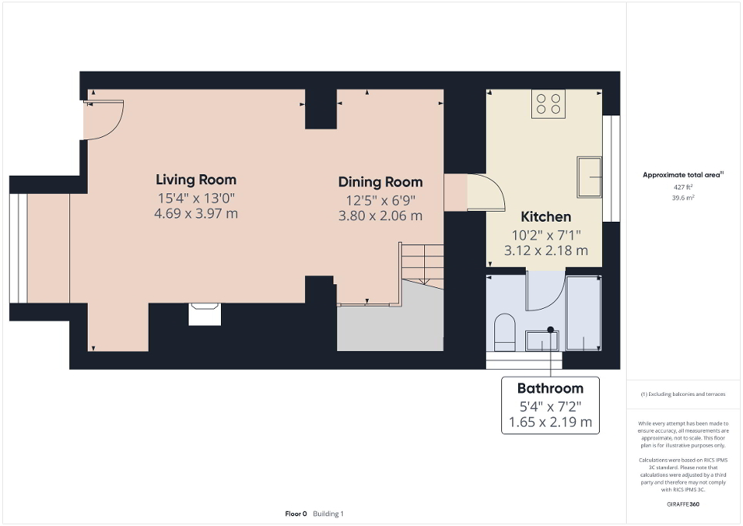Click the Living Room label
tap(196, 180)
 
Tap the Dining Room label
tap(380, 183)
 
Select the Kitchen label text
tap(546, 216)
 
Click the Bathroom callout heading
tap(550, 388)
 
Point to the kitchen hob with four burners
tap(548, 104)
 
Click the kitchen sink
tap(590, 177)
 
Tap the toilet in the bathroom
tap(505, 330)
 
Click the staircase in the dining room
tap(421, 266)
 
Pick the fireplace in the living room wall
tap(205, 314)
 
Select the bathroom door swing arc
tap(546, 291)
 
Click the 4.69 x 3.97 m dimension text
tap(196, 213)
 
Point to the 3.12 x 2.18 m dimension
tap(546, 250)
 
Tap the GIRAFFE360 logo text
tap(683, 504)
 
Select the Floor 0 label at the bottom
tap(296, 514)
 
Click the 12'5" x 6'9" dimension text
tap(380, 199)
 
